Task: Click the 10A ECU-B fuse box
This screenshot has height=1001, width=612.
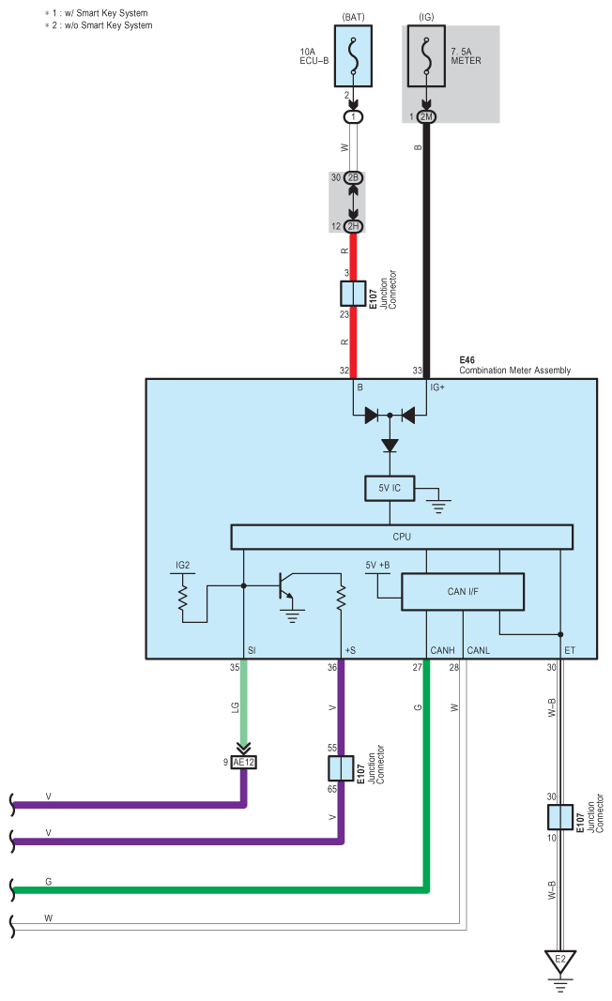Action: click(x=354, y=57)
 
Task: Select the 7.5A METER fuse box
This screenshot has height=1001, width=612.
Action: click(x=427, y=57)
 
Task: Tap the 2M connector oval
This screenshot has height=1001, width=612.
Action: click(x=427, y=116)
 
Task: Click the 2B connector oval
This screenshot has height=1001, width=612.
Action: click(x=354, y=177)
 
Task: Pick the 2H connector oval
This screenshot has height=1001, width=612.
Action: click(x=354, y=225)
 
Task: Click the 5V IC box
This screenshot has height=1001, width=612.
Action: click(x=389, y=489)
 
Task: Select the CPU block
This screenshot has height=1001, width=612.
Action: click(x=402, y=537)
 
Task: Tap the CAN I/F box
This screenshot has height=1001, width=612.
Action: click(x=462, y=591)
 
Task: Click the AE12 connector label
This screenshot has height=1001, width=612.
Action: click(x=244, y=763)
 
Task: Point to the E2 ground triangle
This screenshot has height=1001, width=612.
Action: click(x=560, y=961)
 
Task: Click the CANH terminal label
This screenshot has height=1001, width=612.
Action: click(x=442, y=649)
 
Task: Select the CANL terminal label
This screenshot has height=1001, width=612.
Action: click(x=478, y=649)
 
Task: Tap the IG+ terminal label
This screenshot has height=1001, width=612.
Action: click(x=437, y=387)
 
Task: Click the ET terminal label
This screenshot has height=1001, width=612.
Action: click(x=570, y=649)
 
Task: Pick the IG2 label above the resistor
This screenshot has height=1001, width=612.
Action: click(x=183, y=566)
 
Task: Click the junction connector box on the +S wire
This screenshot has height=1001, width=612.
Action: click(x=341, y=768)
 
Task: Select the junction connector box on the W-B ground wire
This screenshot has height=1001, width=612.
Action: click(x=560, y=816)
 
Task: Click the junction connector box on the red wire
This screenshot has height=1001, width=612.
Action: click(x=354, y=294)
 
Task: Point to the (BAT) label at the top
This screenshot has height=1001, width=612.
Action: click(x=354, y=17)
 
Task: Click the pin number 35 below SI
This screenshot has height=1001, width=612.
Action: click(x=234, y=668)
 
